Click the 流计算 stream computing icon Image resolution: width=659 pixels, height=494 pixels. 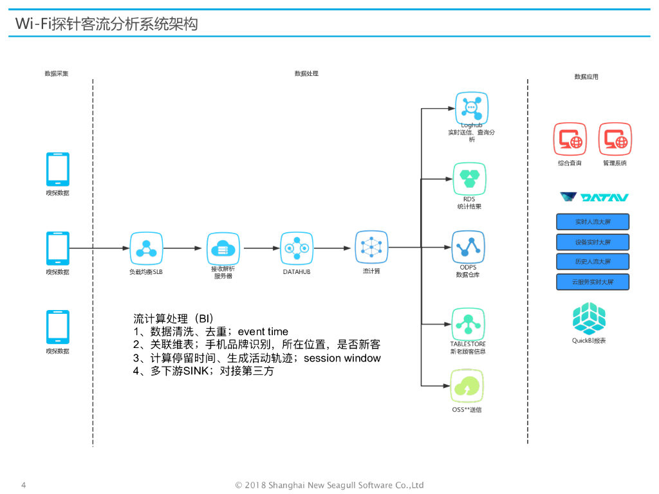371,247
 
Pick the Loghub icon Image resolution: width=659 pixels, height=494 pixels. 472,107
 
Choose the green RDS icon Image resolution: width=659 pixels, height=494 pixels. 470,178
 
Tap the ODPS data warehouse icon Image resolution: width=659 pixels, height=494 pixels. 468,248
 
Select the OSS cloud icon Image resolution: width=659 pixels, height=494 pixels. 467,386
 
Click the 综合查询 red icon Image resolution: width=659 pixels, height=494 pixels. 570,139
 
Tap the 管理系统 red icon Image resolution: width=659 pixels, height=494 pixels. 615,139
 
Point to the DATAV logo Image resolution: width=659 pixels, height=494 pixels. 594,197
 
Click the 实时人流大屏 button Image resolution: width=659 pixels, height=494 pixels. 592,222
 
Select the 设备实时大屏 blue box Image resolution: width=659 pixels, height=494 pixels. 592,242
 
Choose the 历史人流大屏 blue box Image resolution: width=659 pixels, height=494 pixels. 592,262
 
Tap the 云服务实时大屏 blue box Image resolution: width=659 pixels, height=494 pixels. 592,282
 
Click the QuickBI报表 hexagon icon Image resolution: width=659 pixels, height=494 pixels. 589,318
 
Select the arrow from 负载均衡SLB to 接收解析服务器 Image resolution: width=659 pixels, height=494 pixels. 183,248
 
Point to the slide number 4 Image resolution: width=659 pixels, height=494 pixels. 24,484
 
